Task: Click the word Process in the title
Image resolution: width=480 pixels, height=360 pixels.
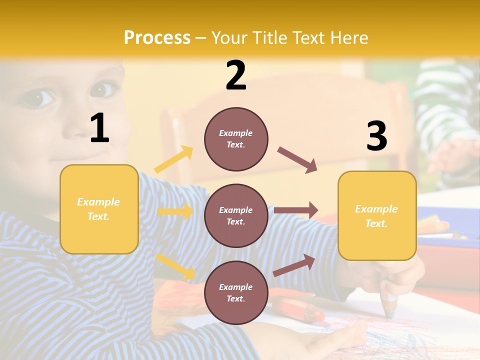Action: pyautogui.click(x=157, y=37)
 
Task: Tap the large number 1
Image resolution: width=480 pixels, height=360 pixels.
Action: pyautogui.click(x=99, y=128)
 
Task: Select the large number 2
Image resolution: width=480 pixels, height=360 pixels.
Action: pyautogui.click(x=236, y=75)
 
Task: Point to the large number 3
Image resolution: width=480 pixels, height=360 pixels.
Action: pyautogui.click(x=376, y=136)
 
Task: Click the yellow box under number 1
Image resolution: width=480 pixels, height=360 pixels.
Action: pyautogui.click(x=99, y=209)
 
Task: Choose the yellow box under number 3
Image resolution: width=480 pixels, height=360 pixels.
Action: pyautogui.click(x=377, y=215)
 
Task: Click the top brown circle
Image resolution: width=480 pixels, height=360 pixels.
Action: pyautogui.click(x=236, y=139)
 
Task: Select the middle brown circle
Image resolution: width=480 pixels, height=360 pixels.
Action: pyautogui.click(x=236, y=215)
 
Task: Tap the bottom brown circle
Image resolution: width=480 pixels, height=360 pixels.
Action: pyautogui.click(x=236, y=292)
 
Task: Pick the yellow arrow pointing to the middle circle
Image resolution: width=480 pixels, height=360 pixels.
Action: pyautogui.click(x=175, y=211)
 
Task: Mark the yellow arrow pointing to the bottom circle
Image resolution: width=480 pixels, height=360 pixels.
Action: pyautogui.click(x=175, y=266)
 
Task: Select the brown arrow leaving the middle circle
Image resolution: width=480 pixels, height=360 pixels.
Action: pyautogui.click(x=296, y=210)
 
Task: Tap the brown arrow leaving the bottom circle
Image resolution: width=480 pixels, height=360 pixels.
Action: pyautogui.click(x=294, y=265)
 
